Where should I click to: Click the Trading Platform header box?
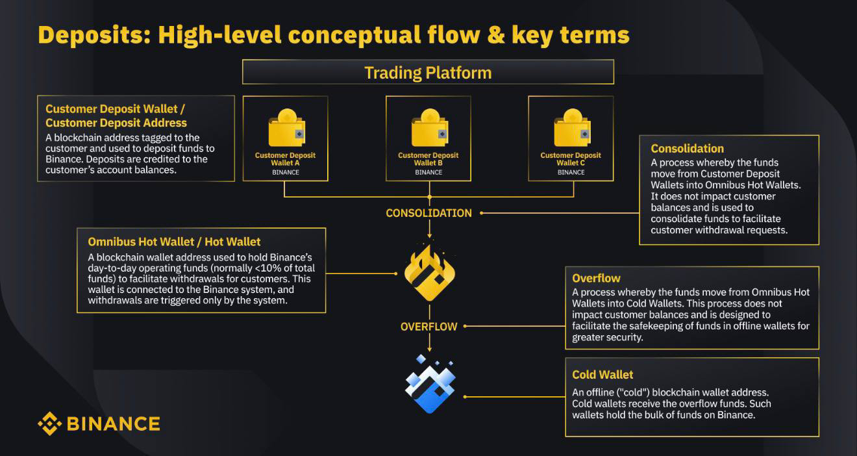tap(428, 72)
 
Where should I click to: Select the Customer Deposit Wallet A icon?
tap(285, 130)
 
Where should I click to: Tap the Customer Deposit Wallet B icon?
tap(428, 130)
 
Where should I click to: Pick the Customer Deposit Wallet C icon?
tap(571, 130)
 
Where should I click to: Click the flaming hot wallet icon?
tap(429, 273)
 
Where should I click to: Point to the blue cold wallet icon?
tap(429, 384)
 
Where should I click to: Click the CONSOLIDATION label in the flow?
tap(429, 213)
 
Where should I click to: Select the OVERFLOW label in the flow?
tap(429, 327)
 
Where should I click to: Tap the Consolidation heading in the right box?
tap(687, 149)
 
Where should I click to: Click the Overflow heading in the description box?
tap(596, 279)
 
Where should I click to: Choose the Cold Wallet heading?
tap(602, 375)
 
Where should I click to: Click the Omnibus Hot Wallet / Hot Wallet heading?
tap(174, 242)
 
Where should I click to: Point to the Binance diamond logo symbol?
tap(49, 424)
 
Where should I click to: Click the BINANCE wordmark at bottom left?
tap(113, 424)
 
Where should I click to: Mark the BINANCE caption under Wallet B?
tap(429, 172)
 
